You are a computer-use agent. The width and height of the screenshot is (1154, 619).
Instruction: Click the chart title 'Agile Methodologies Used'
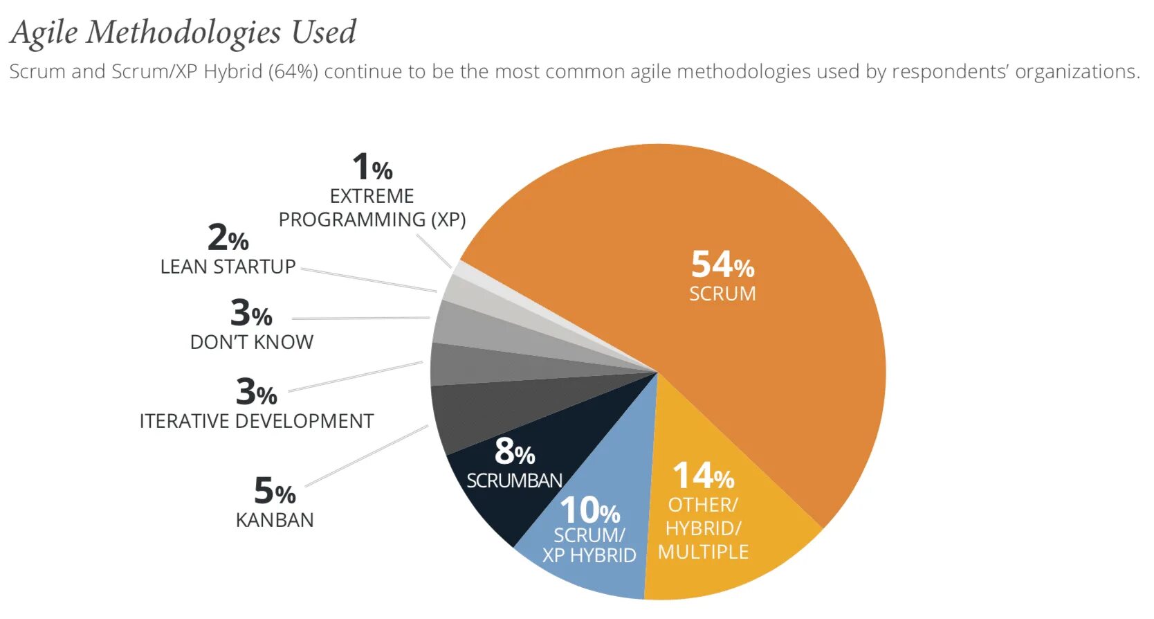183,33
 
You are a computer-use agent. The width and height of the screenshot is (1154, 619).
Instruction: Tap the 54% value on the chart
722,264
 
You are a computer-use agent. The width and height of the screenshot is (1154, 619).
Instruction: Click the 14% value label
703,476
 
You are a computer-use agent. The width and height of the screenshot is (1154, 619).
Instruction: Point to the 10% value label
589,511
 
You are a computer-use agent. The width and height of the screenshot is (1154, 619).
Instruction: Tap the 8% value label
514,451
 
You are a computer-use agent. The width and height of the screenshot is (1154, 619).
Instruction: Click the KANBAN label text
275,520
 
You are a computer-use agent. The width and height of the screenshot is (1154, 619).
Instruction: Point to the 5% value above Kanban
275,491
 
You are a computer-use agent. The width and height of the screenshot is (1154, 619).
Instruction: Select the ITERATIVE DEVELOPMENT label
256,421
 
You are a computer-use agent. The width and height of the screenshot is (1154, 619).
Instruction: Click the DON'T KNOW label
252,342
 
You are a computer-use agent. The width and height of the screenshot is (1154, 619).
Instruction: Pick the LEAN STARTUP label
228,267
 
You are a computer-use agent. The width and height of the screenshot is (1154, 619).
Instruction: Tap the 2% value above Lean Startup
228,237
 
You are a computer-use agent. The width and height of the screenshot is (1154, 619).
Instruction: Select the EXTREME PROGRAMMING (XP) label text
372,208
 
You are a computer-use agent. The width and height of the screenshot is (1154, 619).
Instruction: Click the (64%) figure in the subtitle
293,72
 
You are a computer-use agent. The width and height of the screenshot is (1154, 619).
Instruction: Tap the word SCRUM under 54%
722,294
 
